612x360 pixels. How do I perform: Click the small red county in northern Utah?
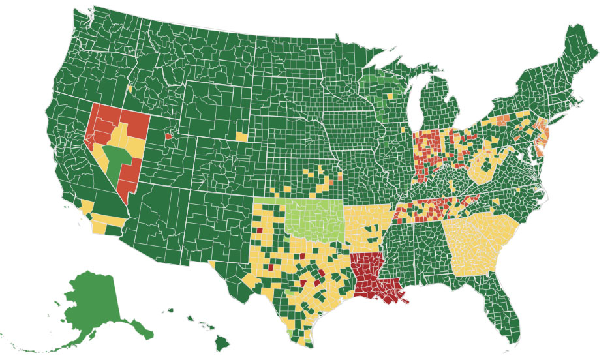(x=168, y=136)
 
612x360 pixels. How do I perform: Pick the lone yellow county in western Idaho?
(x=130, y=87)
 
